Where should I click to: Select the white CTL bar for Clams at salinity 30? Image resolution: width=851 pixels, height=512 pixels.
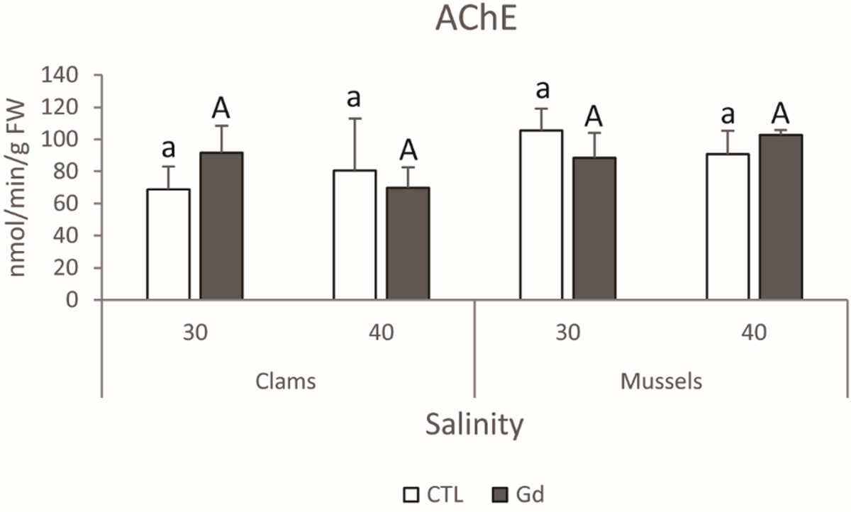[x=168, y=244]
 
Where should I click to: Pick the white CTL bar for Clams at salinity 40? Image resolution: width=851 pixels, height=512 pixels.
[x=355, y=235]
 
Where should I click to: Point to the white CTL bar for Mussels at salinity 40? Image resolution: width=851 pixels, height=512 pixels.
[x=728, y=226]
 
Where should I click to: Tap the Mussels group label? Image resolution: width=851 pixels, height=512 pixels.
[x=661, y=382]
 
